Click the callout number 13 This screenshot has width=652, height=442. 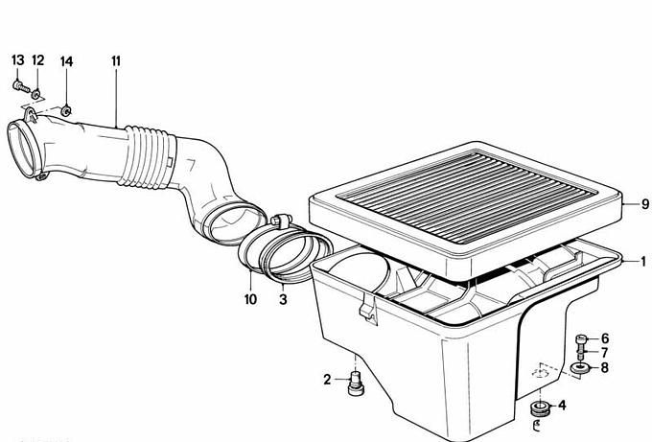(18, 60)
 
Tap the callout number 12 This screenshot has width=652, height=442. (37, 60)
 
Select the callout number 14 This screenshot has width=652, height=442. (66, 62)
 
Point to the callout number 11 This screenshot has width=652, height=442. (116, 61)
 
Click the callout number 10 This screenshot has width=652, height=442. (250, 299)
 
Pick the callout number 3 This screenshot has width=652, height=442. (283, 299)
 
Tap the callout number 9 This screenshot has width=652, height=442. (645, 204)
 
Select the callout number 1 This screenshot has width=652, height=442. (643, 262)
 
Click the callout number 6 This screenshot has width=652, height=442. (605, 338)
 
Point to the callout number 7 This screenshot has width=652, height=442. (605, 353)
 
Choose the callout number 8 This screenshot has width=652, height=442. (604, 367)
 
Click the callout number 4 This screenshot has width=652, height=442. (562, 405)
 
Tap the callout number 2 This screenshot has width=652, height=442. (328, 380)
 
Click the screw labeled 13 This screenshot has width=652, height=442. (21, 87)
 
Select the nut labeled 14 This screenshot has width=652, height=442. (66, 111)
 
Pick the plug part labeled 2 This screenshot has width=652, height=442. (355, 384)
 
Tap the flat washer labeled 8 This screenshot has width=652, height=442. (580, 368)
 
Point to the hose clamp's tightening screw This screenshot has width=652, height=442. (280, 220)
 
